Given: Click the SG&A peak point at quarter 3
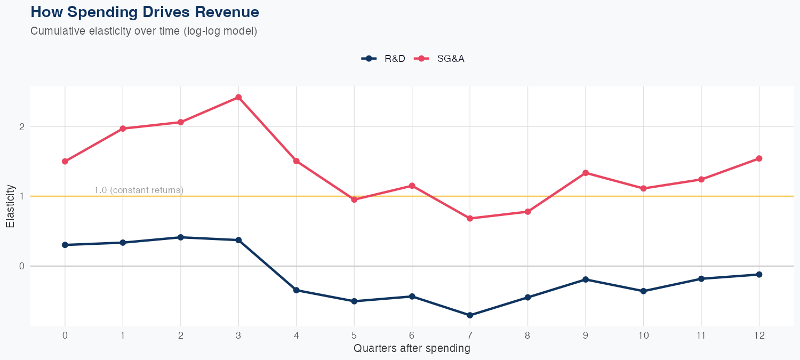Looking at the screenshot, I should click(238, 97).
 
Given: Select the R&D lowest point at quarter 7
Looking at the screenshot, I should click(470, 315).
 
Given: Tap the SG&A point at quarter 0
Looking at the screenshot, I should click(65, 161).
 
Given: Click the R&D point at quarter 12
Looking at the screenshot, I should click(759, 274).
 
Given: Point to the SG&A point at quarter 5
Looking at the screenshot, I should click(354, 199).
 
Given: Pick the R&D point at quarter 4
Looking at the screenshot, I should click(297, 290).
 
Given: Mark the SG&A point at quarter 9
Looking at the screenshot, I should click(586, 173).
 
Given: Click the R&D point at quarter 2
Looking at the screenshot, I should click(181, 237).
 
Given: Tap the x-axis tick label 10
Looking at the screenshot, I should click(643, 335).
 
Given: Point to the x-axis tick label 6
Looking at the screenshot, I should click(412, 335).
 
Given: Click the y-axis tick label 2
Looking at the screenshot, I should click(22, 126).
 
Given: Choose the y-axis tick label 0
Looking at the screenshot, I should click(22, 266).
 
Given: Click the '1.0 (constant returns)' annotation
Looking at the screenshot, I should click(139, 190).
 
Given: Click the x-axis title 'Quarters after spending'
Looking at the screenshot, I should click(412, 349).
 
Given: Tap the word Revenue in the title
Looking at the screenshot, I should click(226, 12).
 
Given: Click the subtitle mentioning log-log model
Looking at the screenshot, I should click(144, 31).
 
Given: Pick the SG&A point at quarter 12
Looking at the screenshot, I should click(759, 158).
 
